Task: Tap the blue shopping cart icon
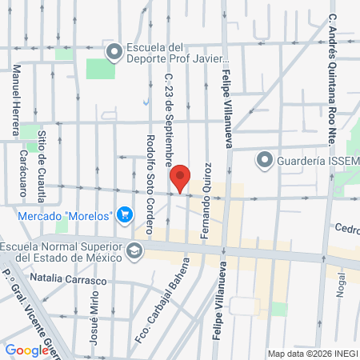coord(124,214)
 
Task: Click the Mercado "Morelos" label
coord(65,214)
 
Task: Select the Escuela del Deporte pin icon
coord(114,52)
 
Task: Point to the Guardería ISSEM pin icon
coord(264,160)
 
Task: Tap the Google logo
coord(26,350)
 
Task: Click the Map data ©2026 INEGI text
coord(313,354)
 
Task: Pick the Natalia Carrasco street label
coord(67,282)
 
